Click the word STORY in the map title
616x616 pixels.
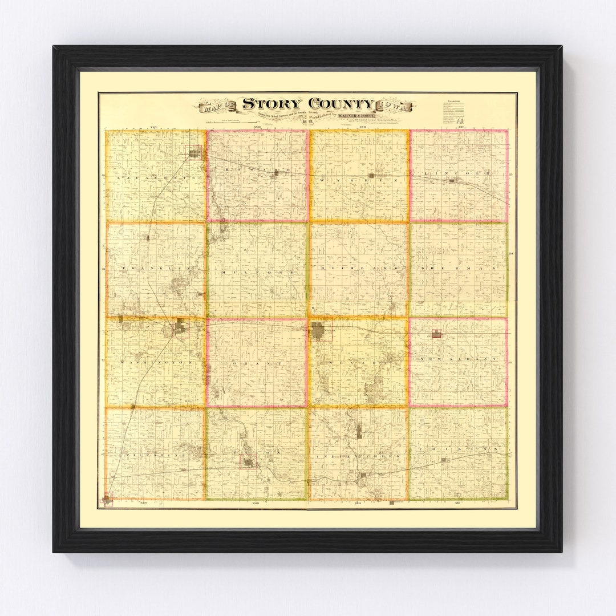click(x=271, y=104)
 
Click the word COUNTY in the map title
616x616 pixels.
click(x=341, y=104)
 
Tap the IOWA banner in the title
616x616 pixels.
click(x=396, y=106)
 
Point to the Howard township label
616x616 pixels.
click(x=257, y=171)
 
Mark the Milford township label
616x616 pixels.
click(x=257, y=273)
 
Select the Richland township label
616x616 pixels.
click(x=358, y=268)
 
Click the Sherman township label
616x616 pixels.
click(x=459, y=268)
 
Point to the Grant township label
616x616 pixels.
click(x=257, y=363)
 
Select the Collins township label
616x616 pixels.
click(x=459, y=450)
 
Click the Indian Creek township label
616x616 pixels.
click(x=358, y=456)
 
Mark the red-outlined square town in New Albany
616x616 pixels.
click(x=436, y=333)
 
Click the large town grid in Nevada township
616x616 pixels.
click(x=318, y=331)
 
